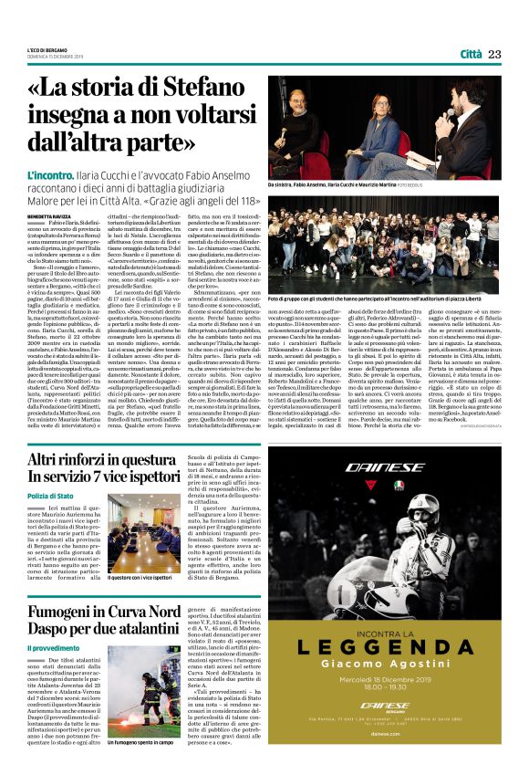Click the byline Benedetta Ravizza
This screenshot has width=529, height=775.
(47, 215)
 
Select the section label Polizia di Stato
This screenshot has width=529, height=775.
(50, 495)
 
